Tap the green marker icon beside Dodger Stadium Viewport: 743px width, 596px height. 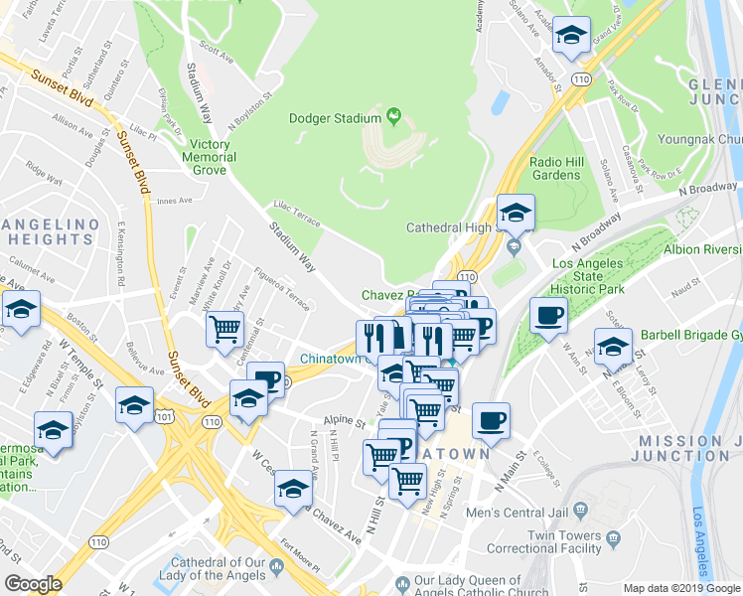point(394,117)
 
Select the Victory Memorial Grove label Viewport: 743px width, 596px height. point(210,157)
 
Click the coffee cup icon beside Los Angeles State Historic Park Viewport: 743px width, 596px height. point(548,317)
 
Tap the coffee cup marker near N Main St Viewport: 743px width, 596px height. point(491,421)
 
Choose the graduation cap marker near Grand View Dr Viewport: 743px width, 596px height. point(571,36)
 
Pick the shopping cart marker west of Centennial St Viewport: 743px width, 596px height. point(225,327)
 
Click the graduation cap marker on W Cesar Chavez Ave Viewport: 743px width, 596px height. point(293,490)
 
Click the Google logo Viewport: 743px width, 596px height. point(33,584)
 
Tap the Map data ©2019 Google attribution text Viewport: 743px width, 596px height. point(681,588)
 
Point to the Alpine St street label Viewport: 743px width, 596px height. point(347,421)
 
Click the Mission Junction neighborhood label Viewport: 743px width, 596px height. point(686,448)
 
